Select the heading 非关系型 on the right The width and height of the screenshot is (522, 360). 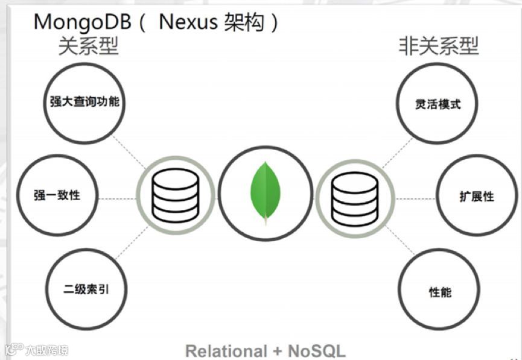438,46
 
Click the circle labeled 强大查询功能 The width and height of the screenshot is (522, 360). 84,102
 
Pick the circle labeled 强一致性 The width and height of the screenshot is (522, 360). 57,195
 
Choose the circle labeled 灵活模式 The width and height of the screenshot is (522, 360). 438,104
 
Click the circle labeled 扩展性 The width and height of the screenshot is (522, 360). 476,197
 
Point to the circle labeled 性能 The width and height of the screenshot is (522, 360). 439,292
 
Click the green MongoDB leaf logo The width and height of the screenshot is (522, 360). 266,192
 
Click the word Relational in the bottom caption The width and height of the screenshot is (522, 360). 226,350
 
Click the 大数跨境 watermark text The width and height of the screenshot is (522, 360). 46,349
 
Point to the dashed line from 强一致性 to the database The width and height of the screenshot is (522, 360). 117,198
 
